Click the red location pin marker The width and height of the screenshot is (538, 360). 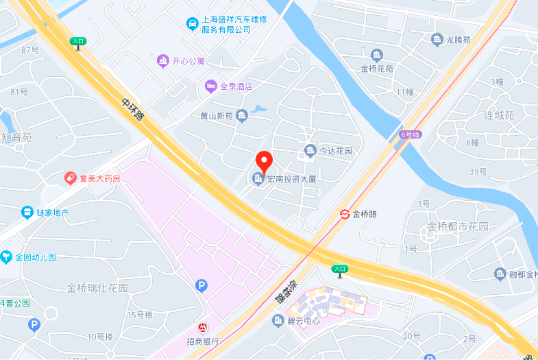[264, 163]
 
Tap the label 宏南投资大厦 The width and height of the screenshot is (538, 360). [291, 180]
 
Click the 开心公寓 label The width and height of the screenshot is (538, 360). [188, 62]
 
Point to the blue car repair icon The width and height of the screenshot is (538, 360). [193, 24]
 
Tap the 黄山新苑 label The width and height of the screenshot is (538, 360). [217, 117]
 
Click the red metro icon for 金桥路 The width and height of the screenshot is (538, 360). [345, 214]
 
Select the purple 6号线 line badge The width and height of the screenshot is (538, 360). [411, 134]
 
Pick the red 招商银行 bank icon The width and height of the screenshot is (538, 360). [203, 328]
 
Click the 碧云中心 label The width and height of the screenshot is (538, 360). [303, 321]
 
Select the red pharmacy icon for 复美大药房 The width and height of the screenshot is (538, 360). [71, 178]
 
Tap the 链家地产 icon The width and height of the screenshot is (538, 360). [27, 213]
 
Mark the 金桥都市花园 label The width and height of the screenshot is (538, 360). [458, 226]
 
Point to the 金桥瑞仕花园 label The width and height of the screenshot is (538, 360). [97, 288]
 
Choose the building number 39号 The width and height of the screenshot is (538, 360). [478, 171]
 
